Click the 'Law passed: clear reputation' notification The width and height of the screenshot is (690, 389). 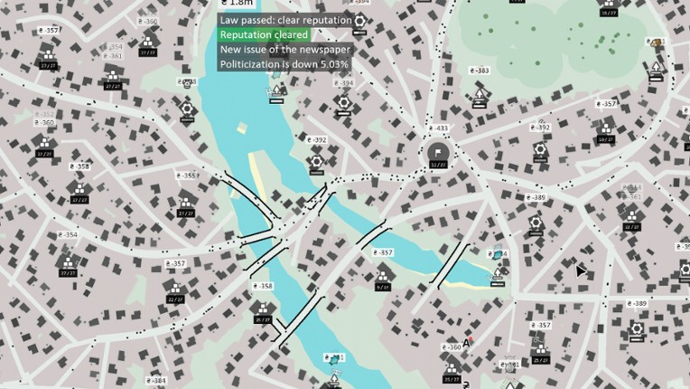284,20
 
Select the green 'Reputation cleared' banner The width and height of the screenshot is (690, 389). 264,34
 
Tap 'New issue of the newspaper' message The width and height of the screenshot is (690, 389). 285,49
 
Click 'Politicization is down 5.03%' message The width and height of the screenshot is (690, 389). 284,64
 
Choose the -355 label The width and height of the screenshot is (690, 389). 186,176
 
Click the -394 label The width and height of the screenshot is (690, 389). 343,83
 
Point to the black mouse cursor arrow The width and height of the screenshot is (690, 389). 582,270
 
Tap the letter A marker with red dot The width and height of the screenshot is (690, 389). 467,342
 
